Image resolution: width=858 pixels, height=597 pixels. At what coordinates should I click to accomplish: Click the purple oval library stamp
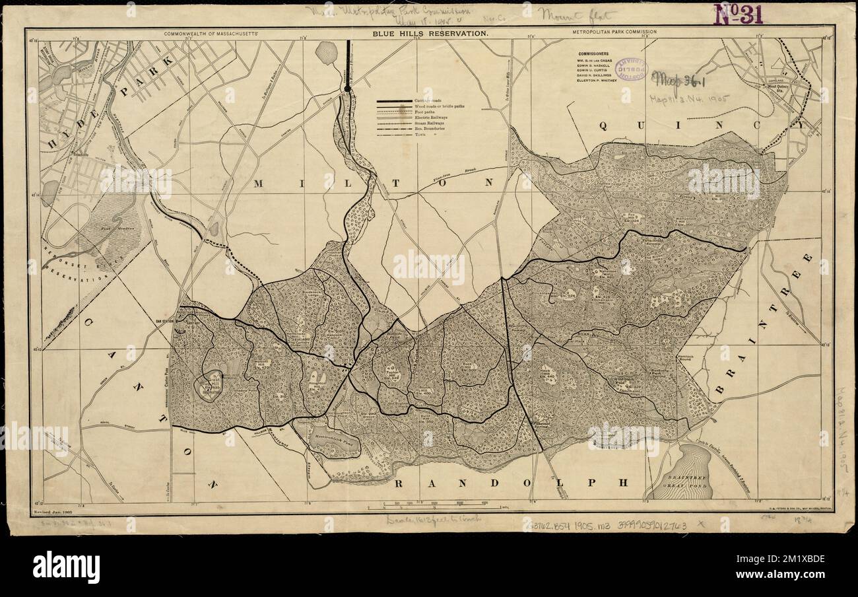631,71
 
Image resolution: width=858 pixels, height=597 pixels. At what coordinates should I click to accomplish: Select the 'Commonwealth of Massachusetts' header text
214,32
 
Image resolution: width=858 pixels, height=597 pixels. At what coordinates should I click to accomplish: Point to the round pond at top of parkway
327,51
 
